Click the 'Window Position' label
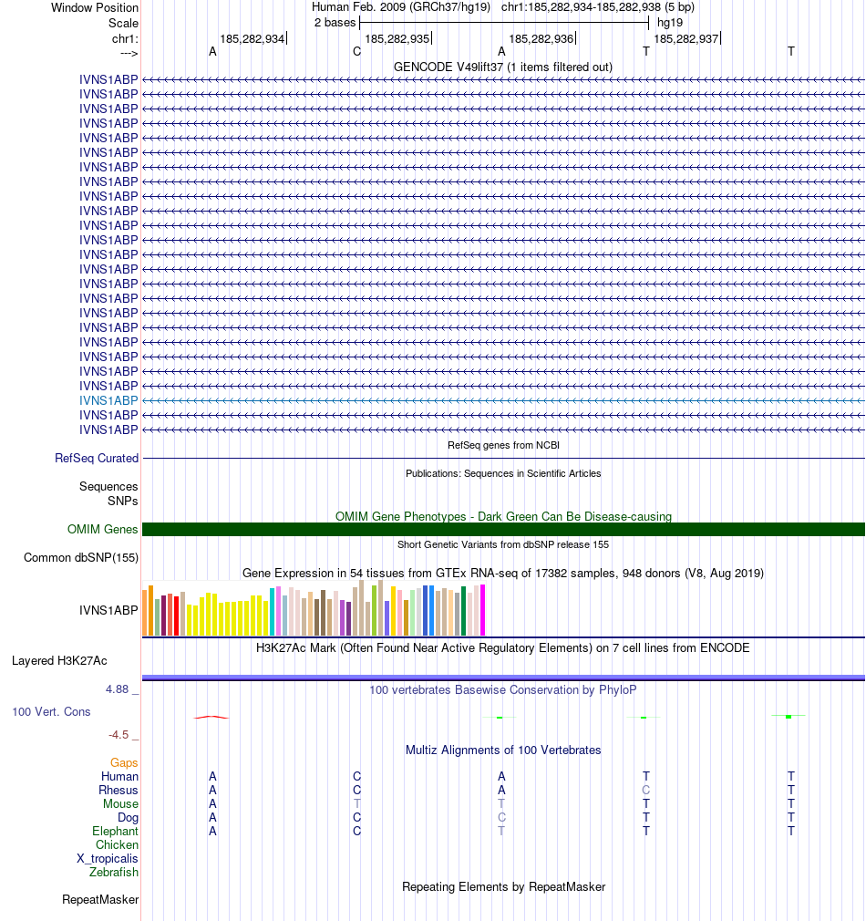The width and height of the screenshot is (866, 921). tap(95, 7)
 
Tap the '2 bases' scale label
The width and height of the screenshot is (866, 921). tap(335, 22)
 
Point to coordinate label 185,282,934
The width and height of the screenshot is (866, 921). tap(252, 39)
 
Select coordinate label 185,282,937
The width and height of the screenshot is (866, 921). tap(686, 39)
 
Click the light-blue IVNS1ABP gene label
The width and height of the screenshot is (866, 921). tap(108, 400)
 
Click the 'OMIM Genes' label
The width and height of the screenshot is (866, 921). tap(103, 529)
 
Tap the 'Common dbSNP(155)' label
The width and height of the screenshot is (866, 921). tap(81, 558)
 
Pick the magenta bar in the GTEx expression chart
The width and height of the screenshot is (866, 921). tap(482, 610)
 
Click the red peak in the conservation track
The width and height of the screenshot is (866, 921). tap(211, 717)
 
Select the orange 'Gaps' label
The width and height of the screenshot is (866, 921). tap(124, 762)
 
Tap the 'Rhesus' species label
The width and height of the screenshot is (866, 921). tap(119, 790)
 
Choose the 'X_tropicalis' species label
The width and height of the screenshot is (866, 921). tap(108, 858)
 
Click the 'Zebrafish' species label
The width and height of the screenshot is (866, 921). tap(114, 872)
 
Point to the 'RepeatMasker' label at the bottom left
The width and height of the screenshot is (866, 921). tap(100, 900)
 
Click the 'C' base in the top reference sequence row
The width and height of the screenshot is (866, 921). tap(356, 51)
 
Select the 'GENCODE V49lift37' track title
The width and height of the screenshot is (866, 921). tap(502, 67)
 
